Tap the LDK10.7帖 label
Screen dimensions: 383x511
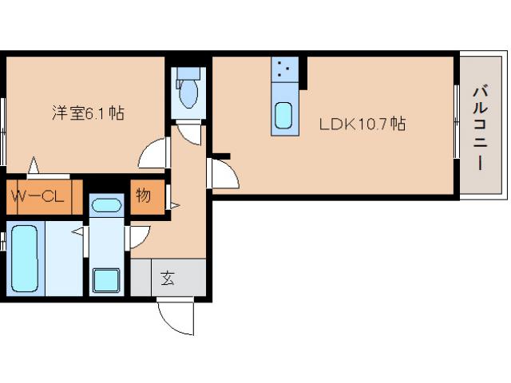coord(362,124)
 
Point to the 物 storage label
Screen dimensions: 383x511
coord(143,195)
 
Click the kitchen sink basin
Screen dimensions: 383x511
coord(283,116)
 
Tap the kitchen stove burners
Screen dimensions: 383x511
coord(284,70)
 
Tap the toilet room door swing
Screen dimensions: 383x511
coord(190,132)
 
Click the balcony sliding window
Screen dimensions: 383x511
coord(457,124)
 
